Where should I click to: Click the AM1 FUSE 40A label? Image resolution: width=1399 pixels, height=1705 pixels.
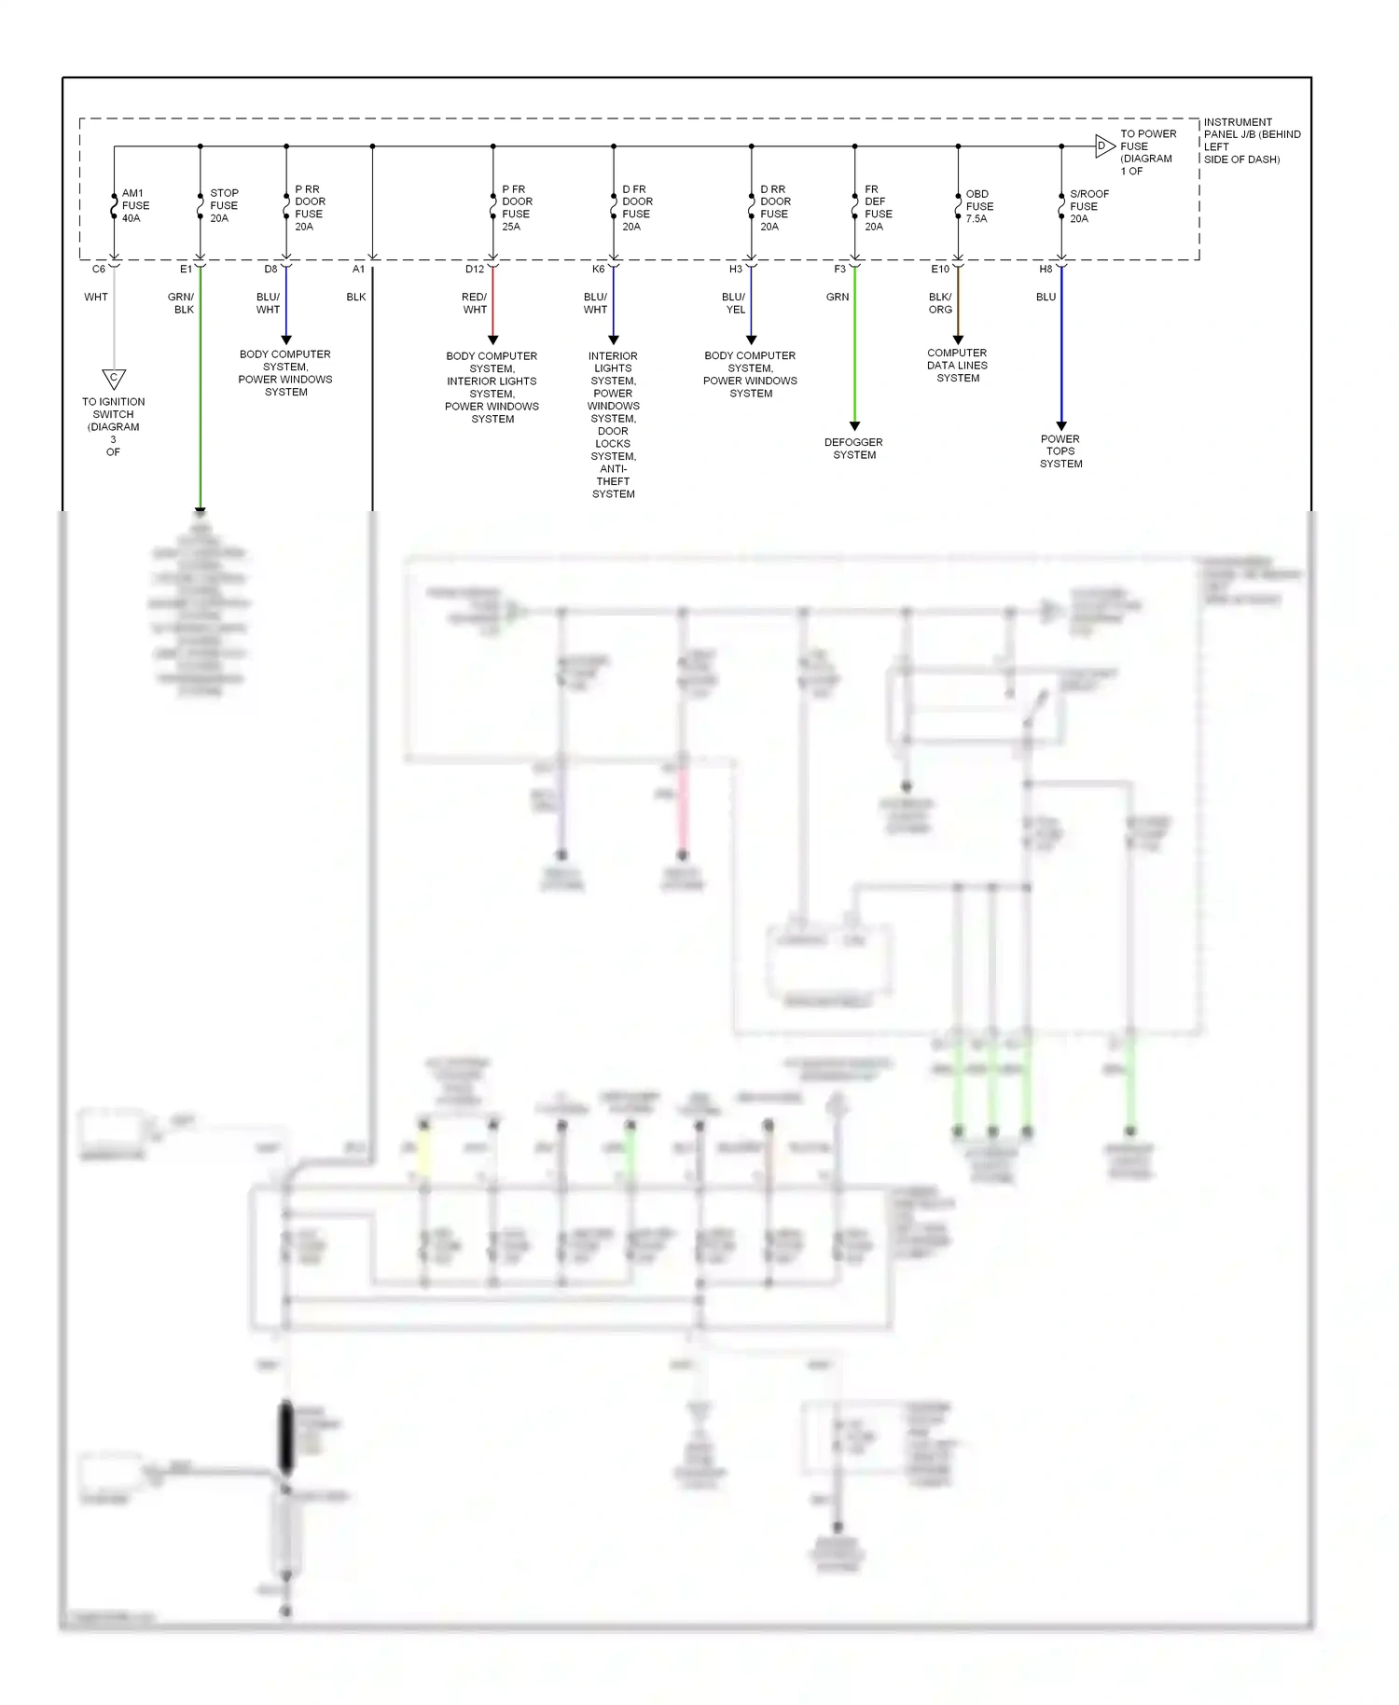[135, 206]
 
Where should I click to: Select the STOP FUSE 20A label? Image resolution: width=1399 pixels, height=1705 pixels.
[224, 206]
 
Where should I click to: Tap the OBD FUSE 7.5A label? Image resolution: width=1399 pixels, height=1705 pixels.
[978, 207]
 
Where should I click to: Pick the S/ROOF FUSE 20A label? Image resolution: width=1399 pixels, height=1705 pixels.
[1087, 207]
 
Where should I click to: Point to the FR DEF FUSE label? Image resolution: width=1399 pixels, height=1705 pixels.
[878, 208]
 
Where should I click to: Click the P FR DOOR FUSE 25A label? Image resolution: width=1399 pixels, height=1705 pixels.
[517, 208]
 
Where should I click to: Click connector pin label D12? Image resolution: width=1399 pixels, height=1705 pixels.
[475, 270]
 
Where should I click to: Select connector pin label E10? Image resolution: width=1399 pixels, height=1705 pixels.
[940, 270]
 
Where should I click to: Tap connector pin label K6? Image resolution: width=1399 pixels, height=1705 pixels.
[598, 270]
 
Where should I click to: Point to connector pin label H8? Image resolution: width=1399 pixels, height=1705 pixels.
[1046, 270]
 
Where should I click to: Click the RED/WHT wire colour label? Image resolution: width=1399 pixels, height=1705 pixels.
[475, 303]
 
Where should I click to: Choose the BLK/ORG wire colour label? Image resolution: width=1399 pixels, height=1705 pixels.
[940, 303]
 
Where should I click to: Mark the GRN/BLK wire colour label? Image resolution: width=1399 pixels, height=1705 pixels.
[182, 303]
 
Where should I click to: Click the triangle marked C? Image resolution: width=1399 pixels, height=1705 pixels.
[114, 378]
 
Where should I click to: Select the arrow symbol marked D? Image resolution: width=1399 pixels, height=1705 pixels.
[1103, 146]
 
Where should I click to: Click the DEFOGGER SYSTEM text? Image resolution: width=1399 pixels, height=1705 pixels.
[853, 449]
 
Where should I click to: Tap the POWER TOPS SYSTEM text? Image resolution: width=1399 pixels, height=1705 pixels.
[1060, 451]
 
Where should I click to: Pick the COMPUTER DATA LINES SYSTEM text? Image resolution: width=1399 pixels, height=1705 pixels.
[957, 366]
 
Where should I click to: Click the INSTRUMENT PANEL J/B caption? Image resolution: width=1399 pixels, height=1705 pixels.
[1251, 141]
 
